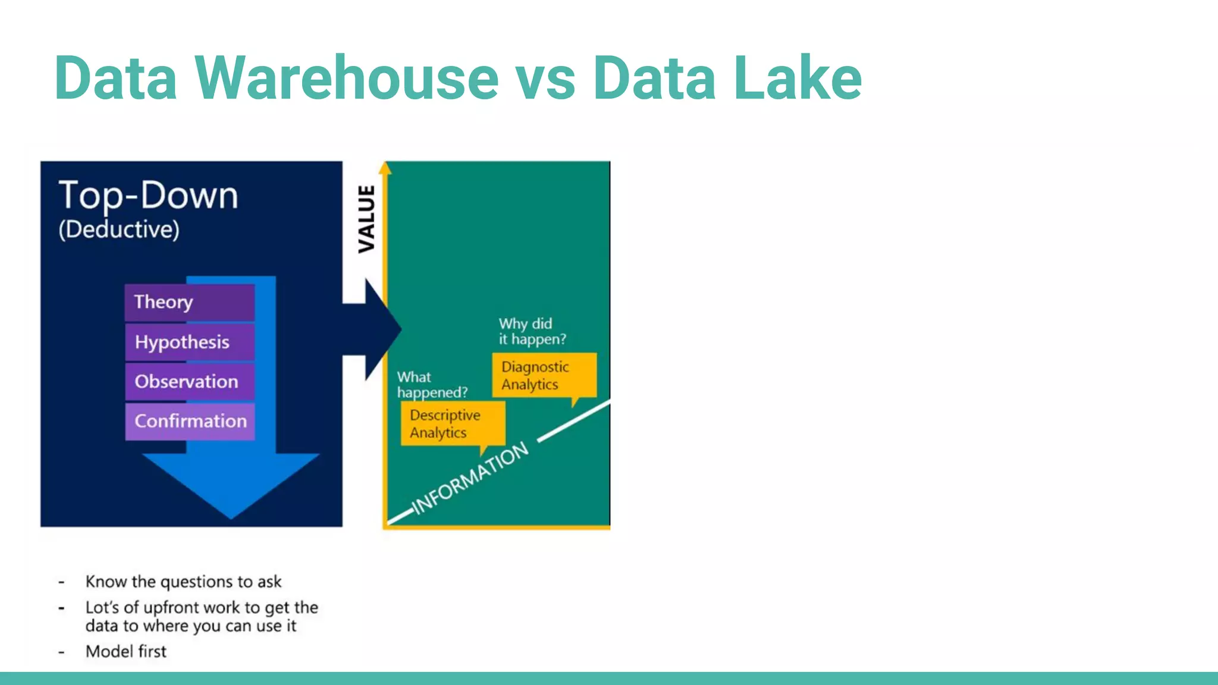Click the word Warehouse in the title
[346, 78]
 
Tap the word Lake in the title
[797, 78]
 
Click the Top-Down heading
[148, 195]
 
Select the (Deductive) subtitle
[119, 230]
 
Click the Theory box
[190, 302]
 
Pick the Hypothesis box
[190, 342]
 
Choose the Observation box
[190, 381]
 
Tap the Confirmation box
[190, 421]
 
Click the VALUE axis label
[366, 219]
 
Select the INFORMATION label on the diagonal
[470, 478]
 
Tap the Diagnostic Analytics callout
[544, 375]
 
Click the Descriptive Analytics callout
[453, 423]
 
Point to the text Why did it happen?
[532, 331]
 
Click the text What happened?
[432, 385]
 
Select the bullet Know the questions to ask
[183, 582]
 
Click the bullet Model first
[126, 652]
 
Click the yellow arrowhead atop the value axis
[385, 168]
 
